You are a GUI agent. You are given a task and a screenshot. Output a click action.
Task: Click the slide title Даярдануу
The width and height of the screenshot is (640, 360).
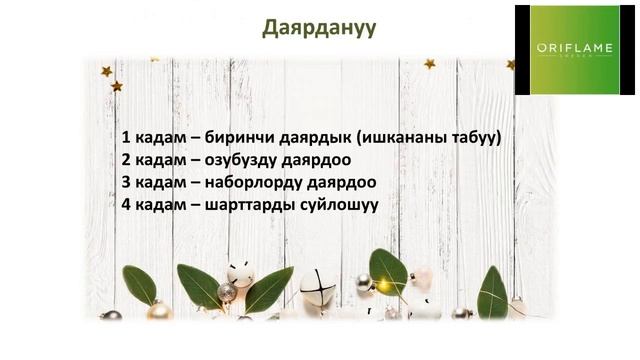click(319, 27)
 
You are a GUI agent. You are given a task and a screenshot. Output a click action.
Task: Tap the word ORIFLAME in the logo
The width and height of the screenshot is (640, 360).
click(567, 46)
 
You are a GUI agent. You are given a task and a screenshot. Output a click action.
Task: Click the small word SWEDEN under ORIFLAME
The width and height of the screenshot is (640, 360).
click(567, 57)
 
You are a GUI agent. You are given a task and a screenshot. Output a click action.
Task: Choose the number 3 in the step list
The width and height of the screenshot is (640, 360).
click(127, 185)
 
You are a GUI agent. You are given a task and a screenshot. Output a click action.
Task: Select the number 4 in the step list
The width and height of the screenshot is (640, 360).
click(127, 208)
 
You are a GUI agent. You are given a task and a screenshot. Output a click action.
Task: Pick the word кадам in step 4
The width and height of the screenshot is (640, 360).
click(161, 208)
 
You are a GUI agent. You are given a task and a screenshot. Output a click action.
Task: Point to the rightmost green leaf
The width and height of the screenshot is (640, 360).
click(492, 290)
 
